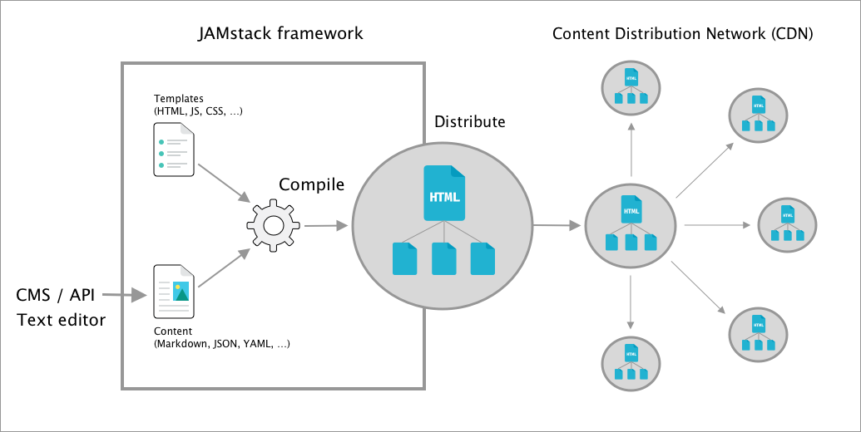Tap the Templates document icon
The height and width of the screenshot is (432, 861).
[172, 150]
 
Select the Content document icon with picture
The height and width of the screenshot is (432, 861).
[173, 292]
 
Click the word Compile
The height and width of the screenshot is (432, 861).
[311, 184]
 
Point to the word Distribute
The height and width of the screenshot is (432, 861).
[469, 121]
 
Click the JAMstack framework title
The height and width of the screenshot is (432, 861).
[280, 34]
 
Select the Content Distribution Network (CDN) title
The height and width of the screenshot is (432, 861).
[682, 34]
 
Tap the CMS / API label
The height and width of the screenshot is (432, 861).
[55, 294]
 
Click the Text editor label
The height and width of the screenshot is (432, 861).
[62, 318]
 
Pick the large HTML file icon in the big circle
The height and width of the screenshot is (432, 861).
[444, 193]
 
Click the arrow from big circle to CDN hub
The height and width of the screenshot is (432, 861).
[557, 225]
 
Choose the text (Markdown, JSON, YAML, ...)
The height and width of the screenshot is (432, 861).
[222, 343]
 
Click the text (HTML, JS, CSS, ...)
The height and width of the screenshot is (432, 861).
[198, 111]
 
